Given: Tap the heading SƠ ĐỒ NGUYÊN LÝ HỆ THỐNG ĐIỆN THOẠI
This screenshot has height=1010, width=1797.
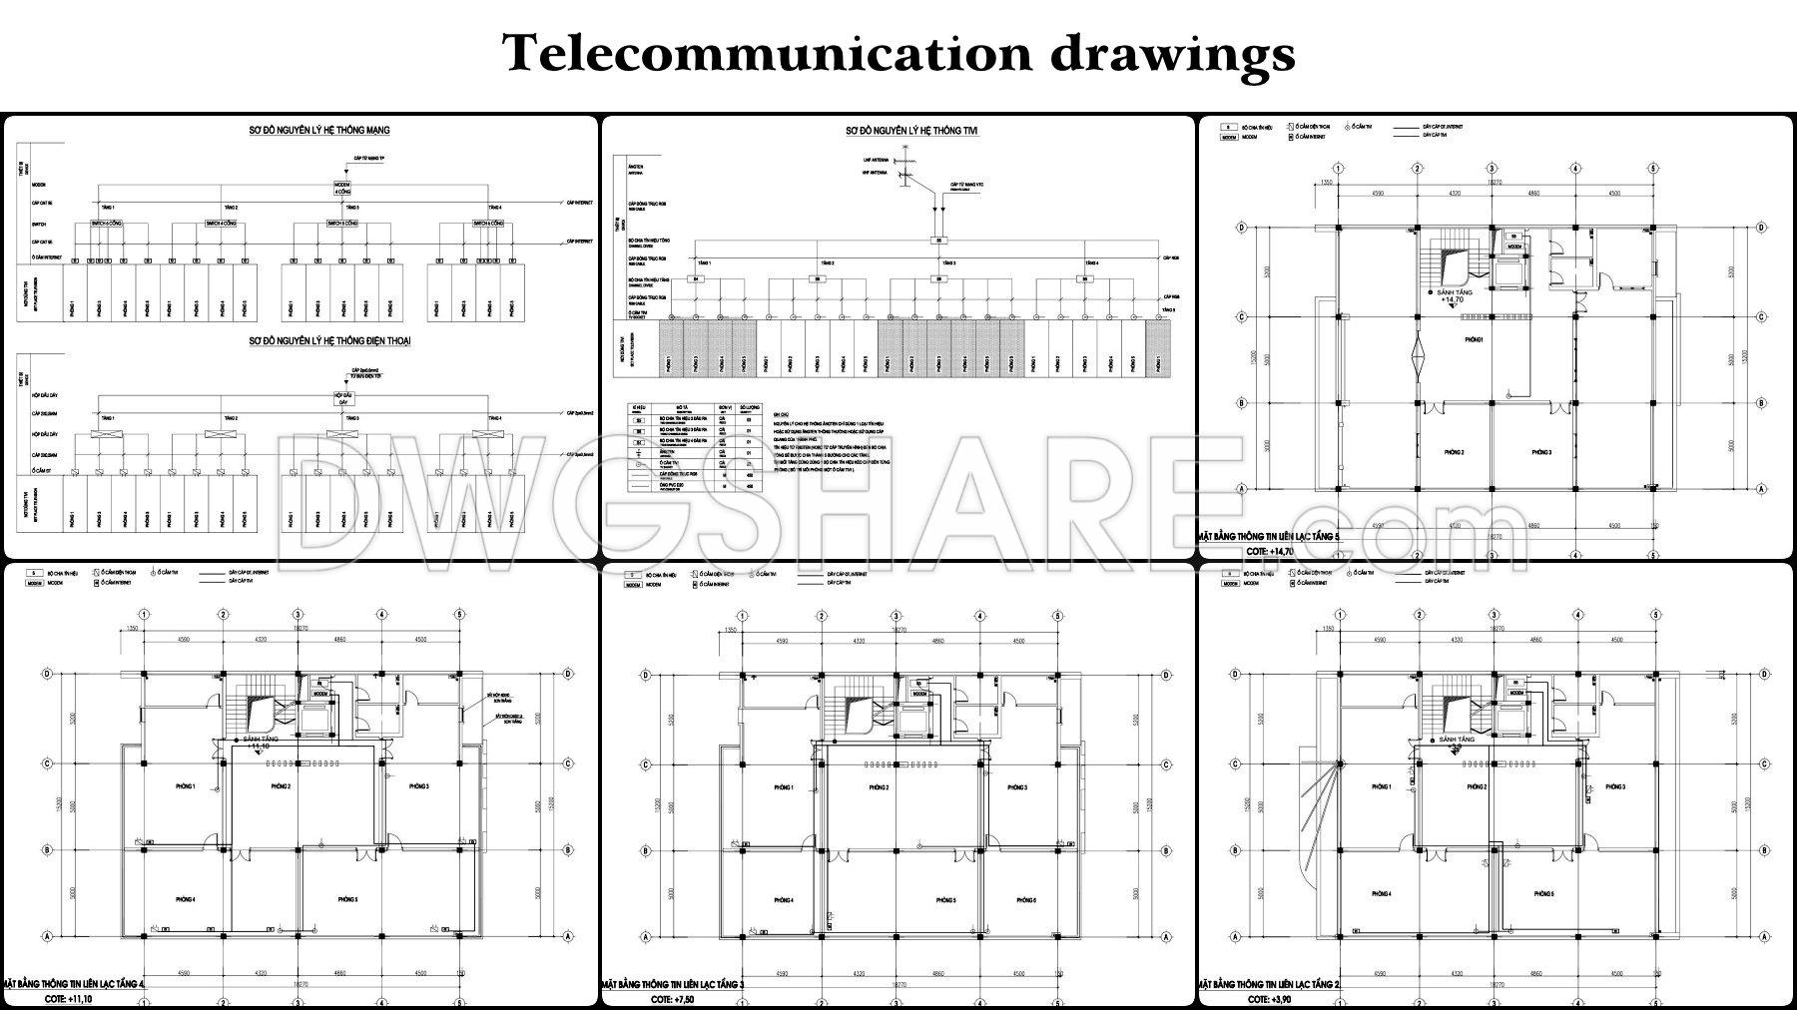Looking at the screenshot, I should click(x=329, y=341).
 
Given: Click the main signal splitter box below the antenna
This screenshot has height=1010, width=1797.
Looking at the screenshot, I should click(x=937, y=241).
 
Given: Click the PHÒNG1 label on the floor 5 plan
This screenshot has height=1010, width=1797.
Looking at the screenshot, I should click(x=1474, y=340).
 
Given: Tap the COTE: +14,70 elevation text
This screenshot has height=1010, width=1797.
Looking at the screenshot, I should click(x=1269, y=551).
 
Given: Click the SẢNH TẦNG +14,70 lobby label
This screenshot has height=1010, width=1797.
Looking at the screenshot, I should click(x=1454, y=295).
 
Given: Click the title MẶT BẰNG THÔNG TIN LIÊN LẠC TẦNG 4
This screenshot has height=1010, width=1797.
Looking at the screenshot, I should click(x=75, y=984).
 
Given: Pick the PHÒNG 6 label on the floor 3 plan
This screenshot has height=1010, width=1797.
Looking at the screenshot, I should click(x=1025, y=900).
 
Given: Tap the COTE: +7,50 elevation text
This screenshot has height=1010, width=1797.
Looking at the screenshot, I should click(x=672, y=998).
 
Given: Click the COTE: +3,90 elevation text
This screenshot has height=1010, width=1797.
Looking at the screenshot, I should click(x=1268, y=998).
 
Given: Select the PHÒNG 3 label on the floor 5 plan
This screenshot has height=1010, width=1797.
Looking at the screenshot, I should click(x=1541, y=453).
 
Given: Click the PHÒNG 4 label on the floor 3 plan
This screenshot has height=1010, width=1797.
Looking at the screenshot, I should click(x=784, y=900).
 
